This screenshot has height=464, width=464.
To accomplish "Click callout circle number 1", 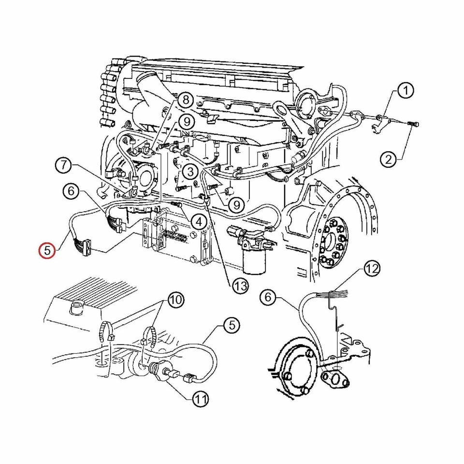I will pos(406,90).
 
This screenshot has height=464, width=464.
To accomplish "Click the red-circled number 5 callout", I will pos(47,250).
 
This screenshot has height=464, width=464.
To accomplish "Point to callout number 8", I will pos(185,100).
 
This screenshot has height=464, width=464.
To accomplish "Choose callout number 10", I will pos(175,300).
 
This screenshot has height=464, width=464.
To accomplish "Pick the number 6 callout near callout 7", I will pos(71,191).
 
